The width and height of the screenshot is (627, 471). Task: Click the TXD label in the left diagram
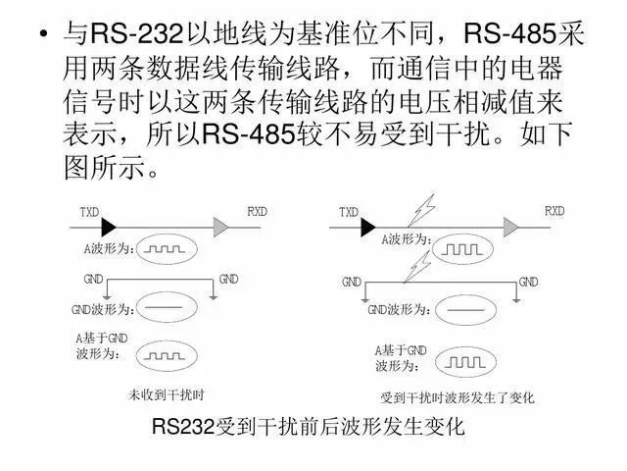[88, 211]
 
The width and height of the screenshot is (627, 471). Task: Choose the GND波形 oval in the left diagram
[165, 310]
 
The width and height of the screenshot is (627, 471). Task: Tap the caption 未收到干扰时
[166, 396]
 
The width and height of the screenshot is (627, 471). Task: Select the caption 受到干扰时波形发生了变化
[457, 399]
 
